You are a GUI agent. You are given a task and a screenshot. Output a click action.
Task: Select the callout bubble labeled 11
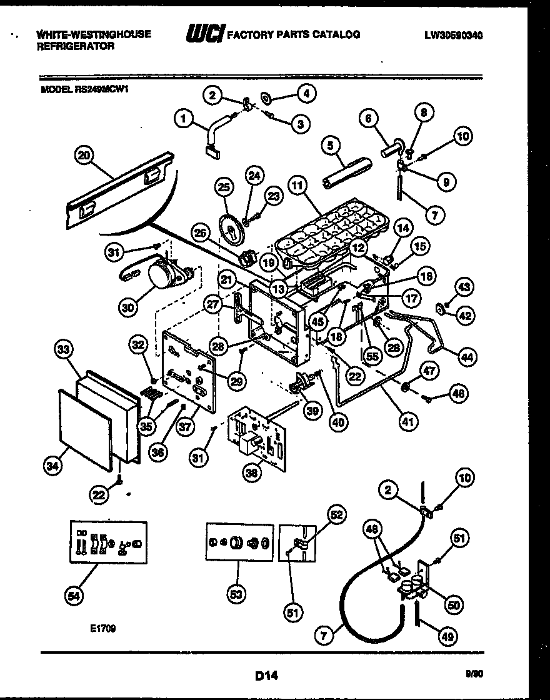pyautogui.click(x=298, y=186)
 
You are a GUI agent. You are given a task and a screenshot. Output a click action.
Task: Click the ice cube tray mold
pyautogui.click(x=331, y=231)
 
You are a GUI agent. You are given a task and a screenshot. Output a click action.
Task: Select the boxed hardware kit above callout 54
pyautogui.click(x=107, y=541)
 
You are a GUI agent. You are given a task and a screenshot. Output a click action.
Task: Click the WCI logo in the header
pyautogui.click(x=204, y=35)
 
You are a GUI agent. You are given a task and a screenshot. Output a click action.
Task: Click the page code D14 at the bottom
pyautogui.click(x=267, y=675)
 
